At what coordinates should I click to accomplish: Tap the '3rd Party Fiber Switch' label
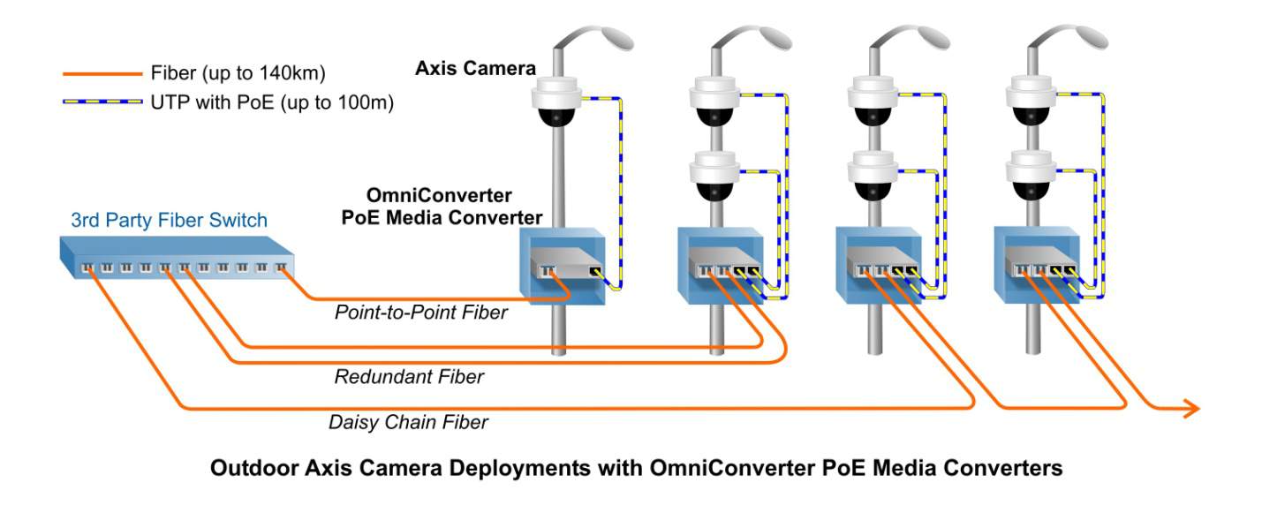pyautogui.click(x=169, y=220)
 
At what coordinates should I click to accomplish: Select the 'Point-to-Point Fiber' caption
pyautogui.click(x=421, y=312)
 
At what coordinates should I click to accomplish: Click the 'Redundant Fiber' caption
pyautogui.click(x=409, y=377)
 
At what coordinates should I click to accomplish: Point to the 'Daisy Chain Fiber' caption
pyautogui.click(x=408, y=422)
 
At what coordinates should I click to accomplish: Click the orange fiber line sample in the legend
pyautogui.click(x=102, y=73)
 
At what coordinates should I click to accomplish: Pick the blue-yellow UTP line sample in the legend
pyautogui.click(x=102, y=102)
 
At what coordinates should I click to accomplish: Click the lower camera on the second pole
pyautogui.click(x=716, y=175)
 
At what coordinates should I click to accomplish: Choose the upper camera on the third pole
pyautogui.click(x=873, y=100)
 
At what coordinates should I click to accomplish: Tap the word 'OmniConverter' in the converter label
pyautogui.click(x=439, y=195)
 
